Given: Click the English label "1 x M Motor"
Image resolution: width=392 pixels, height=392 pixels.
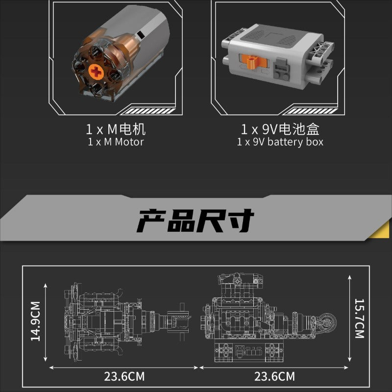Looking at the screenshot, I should pos(116,142).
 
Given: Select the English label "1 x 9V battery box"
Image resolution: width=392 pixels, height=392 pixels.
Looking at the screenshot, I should pos(280,142).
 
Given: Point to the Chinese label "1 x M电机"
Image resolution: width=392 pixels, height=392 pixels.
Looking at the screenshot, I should pos(116,129).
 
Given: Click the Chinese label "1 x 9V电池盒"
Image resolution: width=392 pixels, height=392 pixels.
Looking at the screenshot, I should pos(280,129).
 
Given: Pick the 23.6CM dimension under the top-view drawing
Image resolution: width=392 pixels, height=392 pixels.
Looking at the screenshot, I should pos(124,377).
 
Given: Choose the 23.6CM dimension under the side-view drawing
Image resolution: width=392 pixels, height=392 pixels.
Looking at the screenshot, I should pos(275,377).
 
